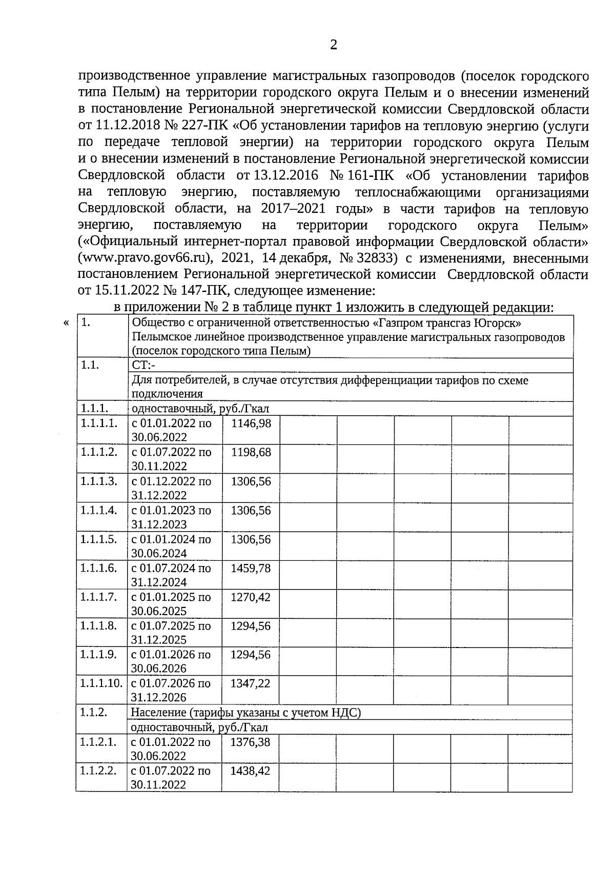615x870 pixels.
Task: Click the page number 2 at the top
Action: pyautogui.click(x=334, y=45)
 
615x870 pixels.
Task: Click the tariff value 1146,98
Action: pyautogui.click(x=251, y=423)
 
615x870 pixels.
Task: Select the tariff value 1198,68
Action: pyautogui.click(x=251, y=453)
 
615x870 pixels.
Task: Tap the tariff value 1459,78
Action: pyautogui.click(x=251, y=569)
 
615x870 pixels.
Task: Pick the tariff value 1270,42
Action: pyautogui.click(x=251, y=597)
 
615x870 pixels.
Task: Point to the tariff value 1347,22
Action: pyautogui.click(x=251, y=683)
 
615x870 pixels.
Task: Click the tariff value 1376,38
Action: pyautogui.click(x=251, y=742)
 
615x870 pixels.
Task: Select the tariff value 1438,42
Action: pyautogui.click(x=251, y=771)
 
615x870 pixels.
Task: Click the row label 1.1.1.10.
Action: pyautogui.click(x=101, y=683)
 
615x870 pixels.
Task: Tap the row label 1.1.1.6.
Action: pyautogui.click(x=99, y=569)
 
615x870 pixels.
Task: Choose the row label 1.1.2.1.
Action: pyautogui.click(x=99, y=742)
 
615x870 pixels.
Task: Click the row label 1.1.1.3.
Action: pyautogui.click(x=99, y=481)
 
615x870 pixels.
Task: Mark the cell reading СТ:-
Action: pyautogui.click(x=144, y=365)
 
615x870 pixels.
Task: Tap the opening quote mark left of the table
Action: pyautogui.click(x=66, y=323)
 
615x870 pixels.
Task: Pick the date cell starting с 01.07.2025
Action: pyautogui.click(x=171, y=632)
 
